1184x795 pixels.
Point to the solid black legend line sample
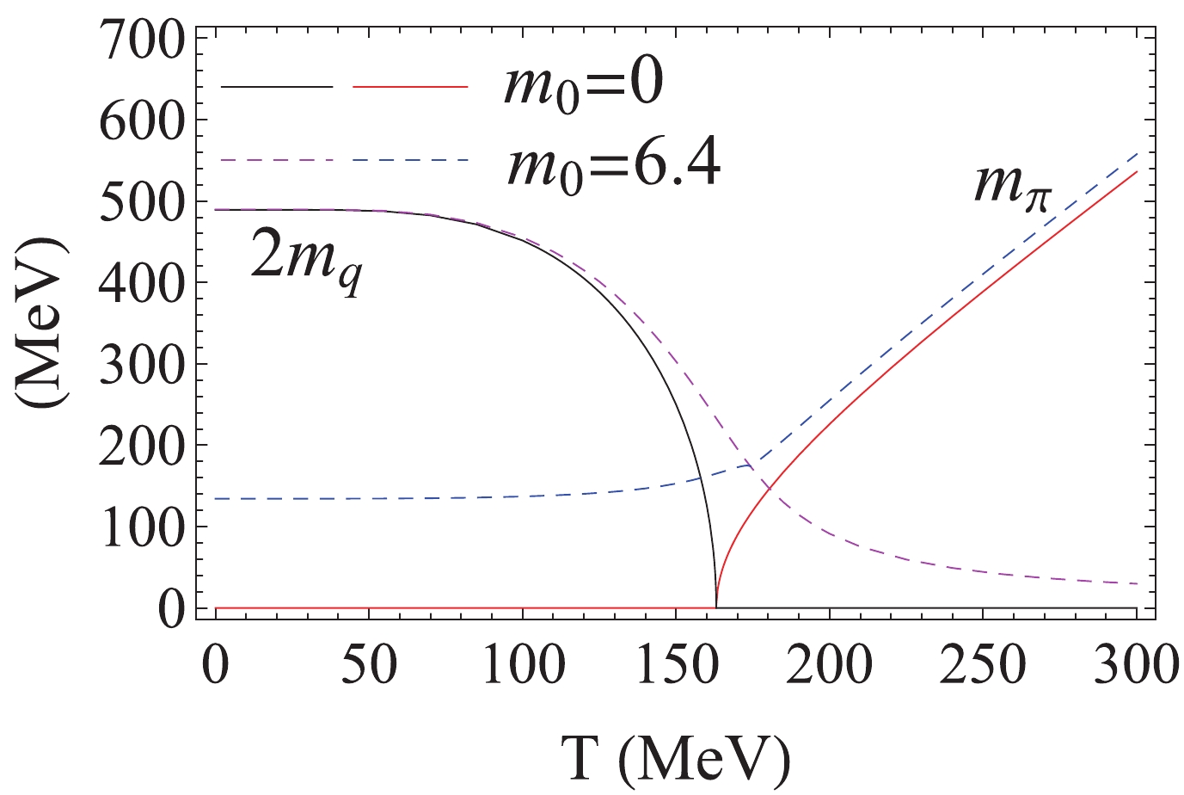(276, 86)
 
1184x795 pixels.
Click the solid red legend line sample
(410, 86)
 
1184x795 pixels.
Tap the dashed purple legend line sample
(276, 160)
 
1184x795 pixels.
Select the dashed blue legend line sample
(410, 160)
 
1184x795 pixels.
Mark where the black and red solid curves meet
(716, 607)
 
